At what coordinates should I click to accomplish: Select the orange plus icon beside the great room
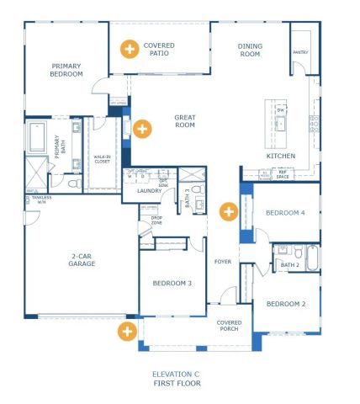(142, 129)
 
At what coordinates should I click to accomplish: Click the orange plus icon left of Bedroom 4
(227, 210)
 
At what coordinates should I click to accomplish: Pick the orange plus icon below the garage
(127, 331)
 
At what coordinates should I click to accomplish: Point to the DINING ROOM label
(250, 50)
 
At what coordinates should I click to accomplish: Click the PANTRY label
(301, 51)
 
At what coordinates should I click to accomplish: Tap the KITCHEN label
(280, 157)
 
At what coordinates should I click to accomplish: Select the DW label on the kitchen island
(282, 110)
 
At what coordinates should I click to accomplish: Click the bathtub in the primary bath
(37, 136)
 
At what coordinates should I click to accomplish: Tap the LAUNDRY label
(149, 191)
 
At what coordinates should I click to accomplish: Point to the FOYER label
(223, 261)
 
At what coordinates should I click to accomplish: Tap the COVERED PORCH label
(228, 325)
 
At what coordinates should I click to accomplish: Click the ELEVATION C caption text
(176, 374)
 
